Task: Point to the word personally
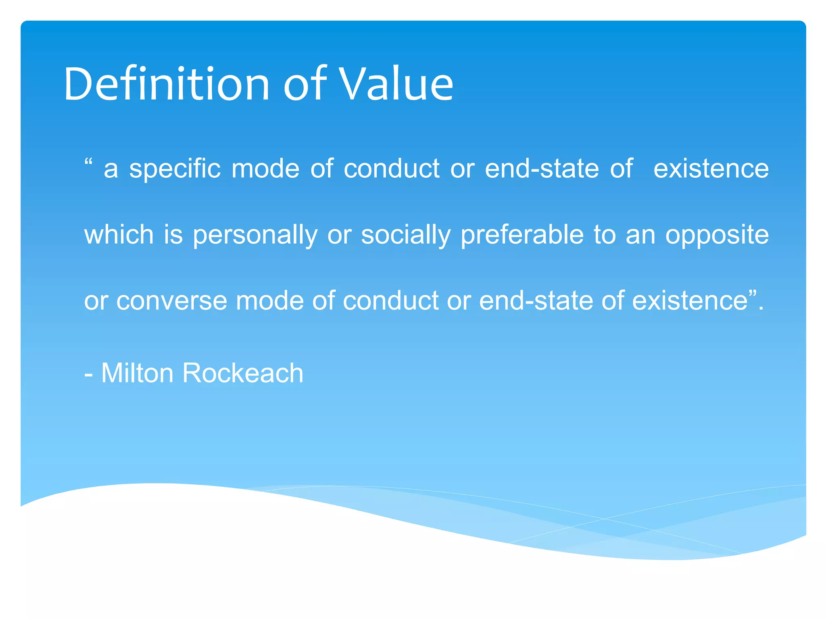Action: coord(255,235)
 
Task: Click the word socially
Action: coord(405,235)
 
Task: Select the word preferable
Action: coord(522,235)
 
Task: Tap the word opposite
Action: coord(717,235)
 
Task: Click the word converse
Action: coord(171,301)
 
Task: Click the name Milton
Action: coord(137,373)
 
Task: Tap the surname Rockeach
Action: coord(242,373)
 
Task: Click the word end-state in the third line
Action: coord(536,301)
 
